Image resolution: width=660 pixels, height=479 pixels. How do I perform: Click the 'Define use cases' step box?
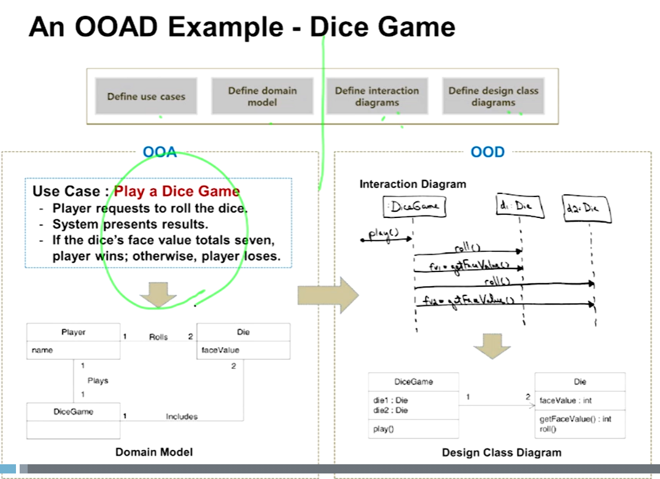point(146,96)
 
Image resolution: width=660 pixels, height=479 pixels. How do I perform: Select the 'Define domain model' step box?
point(262,96)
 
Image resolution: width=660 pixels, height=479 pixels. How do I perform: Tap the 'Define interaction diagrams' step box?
point(377,96)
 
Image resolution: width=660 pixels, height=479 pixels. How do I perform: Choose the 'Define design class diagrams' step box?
point(493,96)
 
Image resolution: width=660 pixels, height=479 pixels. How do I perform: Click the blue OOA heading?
point(160,152)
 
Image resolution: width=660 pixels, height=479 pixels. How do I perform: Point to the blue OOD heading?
point(487,152)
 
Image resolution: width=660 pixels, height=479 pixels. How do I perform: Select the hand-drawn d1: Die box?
point(520,207)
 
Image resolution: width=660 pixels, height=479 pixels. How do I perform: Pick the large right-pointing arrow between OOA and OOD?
point(328,295)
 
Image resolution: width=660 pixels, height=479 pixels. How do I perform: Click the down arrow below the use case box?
point(158,295)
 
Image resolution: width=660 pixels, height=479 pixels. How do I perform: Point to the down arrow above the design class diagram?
point(492,346)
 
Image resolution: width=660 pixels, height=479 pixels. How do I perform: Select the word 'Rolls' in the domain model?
point(158,337)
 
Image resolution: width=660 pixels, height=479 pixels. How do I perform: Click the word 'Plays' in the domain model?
point(98,381)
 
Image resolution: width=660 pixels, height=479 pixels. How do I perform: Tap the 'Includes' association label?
point(182,416)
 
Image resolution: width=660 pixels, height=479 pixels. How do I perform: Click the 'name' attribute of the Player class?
point(43,350)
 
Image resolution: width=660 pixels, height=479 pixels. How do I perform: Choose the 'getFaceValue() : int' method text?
point(575,419)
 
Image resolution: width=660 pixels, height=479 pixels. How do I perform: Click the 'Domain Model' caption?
point(154,452)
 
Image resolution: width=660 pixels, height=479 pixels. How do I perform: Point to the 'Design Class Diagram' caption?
point(502,453)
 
